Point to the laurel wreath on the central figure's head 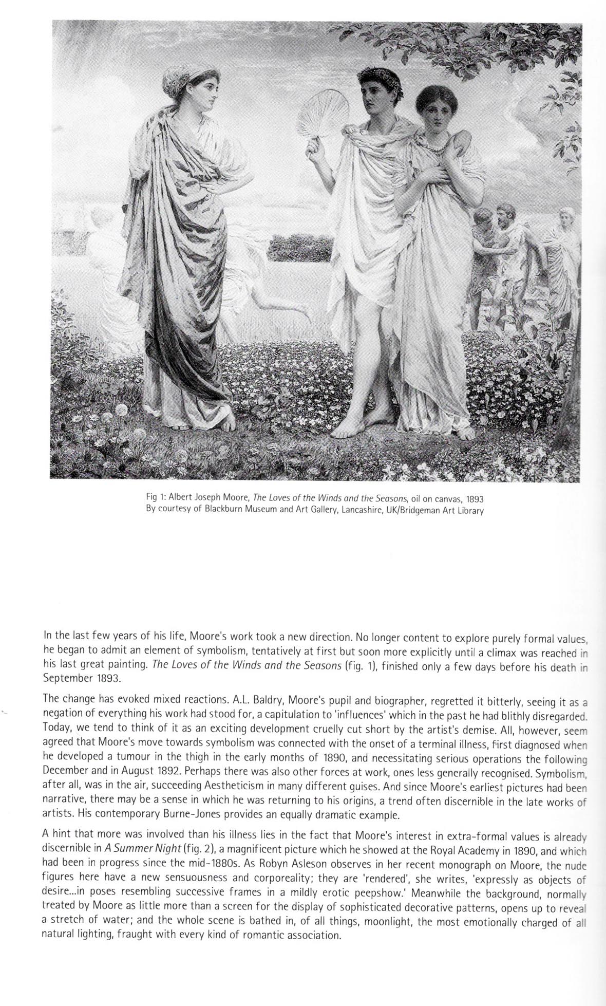373,78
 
